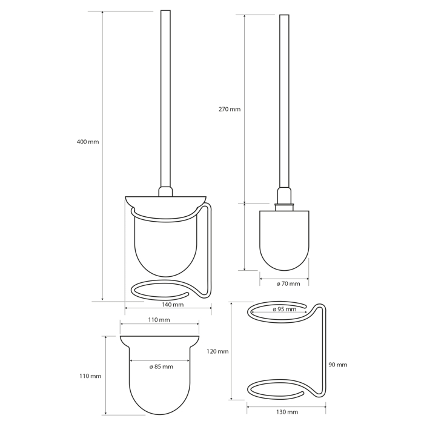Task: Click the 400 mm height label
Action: pyautogui.click(x=88, y=142)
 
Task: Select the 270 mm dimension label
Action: pyautogui.click(x=230, y=109)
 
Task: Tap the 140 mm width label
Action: pyautogui.click(x=173, y=305)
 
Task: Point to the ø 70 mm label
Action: pyautogui.click(x=288, y=283)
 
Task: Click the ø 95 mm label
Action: pyautogui.click(x=285, y=310)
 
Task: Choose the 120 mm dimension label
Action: pyautogui.click(x=217, y=351)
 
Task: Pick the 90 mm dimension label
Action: pyautogui.click(x=338, y=365)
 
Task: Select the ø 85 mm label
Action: pyautogui.click(x=161, y=367)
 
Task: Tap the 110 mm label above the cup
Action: pyautogui.click(x=159, y=320)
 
